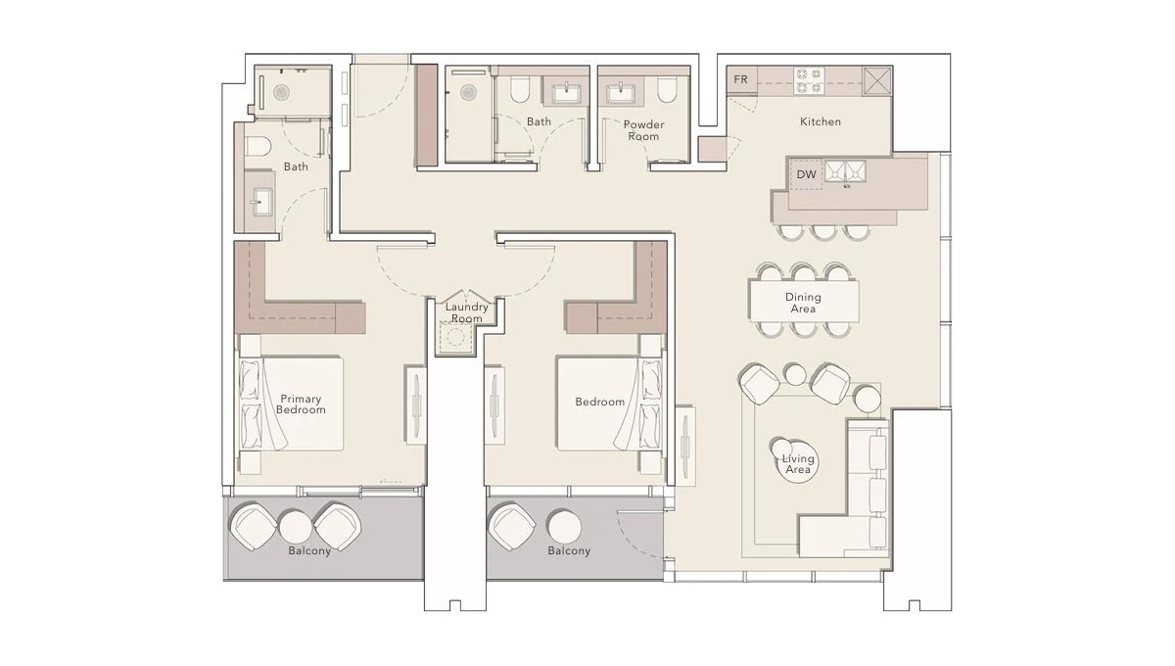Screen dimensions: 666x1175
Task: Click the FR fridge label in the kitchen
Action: (x=740, y=79)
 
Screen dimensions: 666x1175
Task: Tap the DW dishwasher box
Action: (x=806, y=174)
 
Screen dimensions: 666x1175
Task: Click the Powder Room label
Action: (x=643, y=130)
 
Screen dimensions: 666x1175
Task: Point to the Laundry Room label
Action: (x=466, y=312)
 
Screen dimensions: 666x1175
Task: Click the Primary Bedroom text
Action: (x=301, y=404)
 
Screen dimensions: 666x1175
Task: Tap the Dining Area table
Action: (x=803, y=303)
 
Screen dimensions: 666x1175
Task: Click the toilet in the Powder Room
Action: (x=667, y=92)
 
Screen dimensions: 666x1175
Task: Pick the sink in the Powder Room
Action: (x=620, y=93)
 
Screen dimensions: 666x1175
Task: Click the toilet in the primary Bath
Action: (x=258, y=148)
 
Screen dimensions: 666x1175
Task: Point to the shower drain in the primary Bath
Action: (x=282, y=92)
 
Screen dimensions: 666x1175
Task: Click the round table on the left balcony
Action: (x=296, y=526)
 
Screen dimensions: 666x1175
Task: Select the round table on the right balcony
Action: (x=564, y=526)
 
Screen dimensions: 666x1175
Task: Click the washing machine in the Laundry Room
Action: (x=455, y=336)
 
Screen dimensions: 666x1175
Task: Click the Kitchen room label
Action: (x=820, y=121)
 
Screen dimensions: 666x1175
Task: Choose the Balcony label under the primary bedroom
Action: (x=308, y=551)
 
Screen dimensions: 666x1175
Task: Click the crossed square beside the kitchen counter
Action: (x=876, y=79)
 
